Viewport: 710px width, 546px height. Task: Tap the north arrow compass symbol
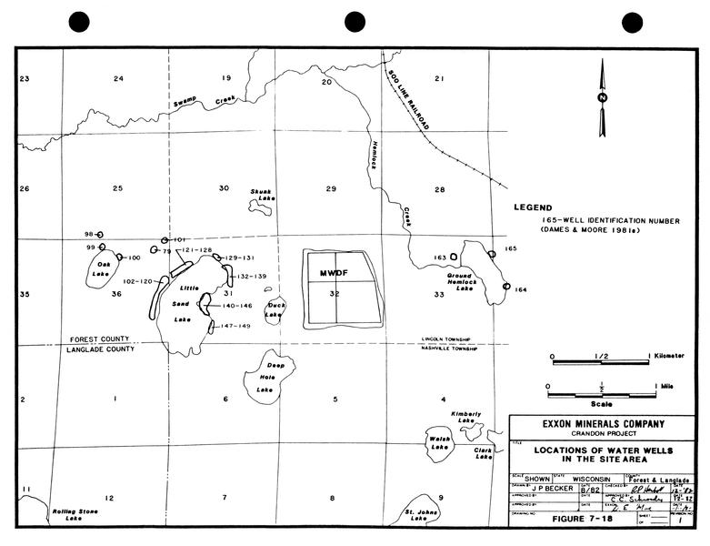tap(601, 97)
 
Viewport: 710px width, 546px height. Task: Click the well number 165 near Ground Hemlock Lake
tap(510, 248)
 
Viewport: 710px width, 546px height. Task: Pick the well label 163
tap(440, 258)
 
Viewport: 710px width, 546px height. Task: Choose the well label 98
tap(89, 234)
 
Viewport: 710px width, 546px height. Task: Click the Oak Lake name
tap(104, 270)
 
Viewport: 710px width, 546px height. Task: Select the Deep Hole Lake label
tap(265, 377)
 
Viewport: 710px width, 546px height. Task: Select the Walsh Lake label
tap(439, 442)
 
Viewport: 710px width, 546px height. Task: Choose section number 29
tap(331, 188)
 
